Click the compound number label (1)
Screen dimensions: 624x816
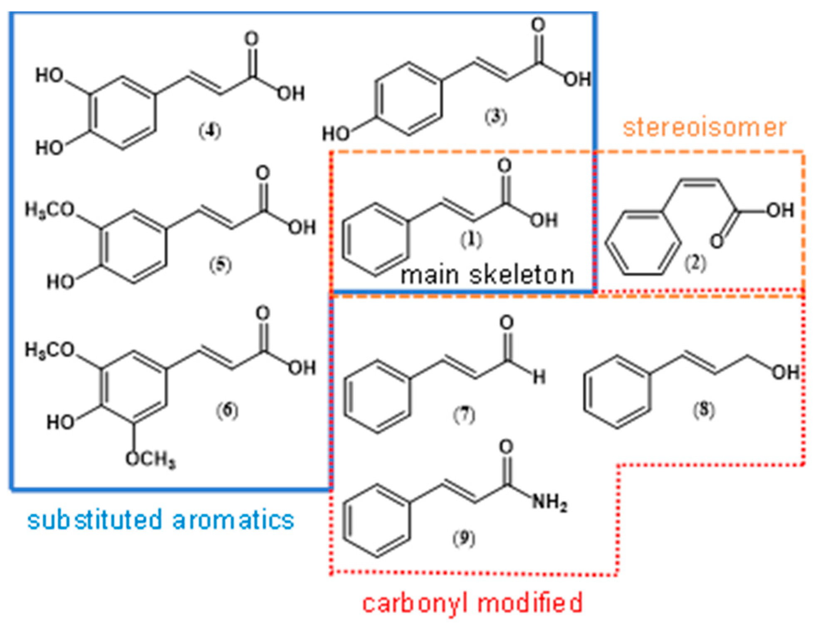(471, 239)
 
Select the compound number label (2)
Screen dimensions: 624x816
(696, 263)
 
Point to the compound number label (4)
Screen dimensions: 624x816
(210, 131)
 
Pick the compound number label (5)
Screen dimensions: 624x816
(220, 265)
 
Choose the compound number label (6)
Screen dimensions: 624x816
(227, 410)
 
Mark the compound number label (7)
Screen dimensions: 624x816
(464, 414)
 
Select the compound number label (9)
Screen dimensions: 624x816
(464, 538)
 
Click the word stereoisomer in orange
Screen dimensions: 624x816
(704, 128)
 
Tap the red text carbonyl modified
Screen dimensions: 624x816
(472, 603)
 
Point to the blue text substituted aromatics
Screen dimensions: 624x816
(161, 520)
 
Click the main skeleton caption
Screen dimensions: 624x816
(487, 275)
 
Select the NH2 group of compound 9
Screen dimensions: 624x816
(550, 503)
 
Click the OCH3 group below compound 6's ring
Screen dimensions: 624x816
(151, 459)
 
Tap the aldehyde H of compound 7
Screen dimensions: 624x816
(539, 377)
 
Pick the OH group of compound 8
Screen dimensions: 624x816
(786, 372)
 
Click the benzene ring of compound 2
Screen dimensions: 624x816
(643, 243)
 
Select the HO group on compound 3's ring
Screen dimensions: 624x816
(336, 133)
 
